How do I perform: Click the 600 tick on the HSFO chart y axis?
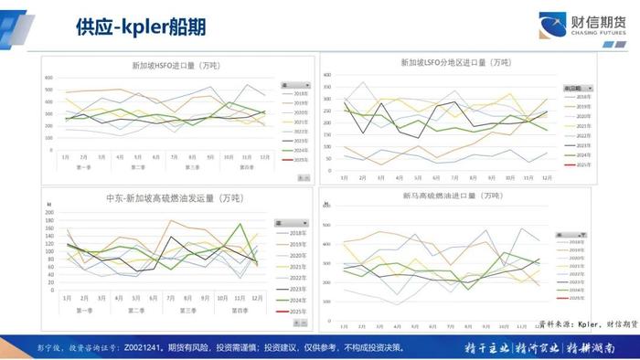point(48,77)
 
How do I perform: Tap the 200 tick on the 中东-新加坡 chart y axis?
point(48,212)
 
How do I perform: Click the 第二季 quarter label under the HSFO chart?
point(137,167)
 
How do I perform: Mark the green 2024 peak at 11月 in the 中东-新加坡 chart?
point(240,224)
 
